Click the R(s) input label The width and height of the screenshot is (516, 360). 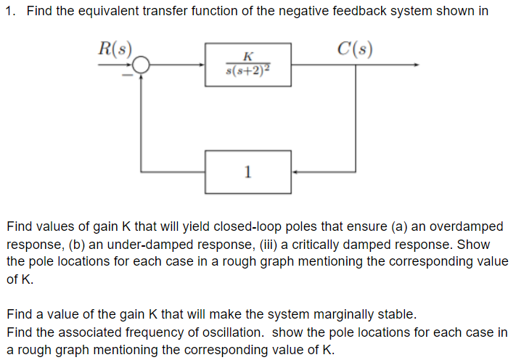pos(115,50)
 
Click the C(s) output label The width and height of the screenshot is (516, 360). pos(356,50)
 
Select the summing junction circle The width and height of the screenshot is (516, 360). pos(141,65)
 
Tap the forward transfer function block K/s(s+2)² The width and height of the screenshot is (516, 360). pos(248,65)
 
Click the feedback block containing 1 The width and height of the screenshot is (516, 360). pos(248,172)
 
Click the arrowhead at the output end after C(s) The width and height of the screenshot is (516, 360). pos(416,65)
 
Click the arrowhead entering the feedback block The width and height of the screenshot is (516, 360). pos(295,172)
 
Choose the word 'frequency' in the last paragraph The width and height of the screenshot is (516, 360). pos(152,332)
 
